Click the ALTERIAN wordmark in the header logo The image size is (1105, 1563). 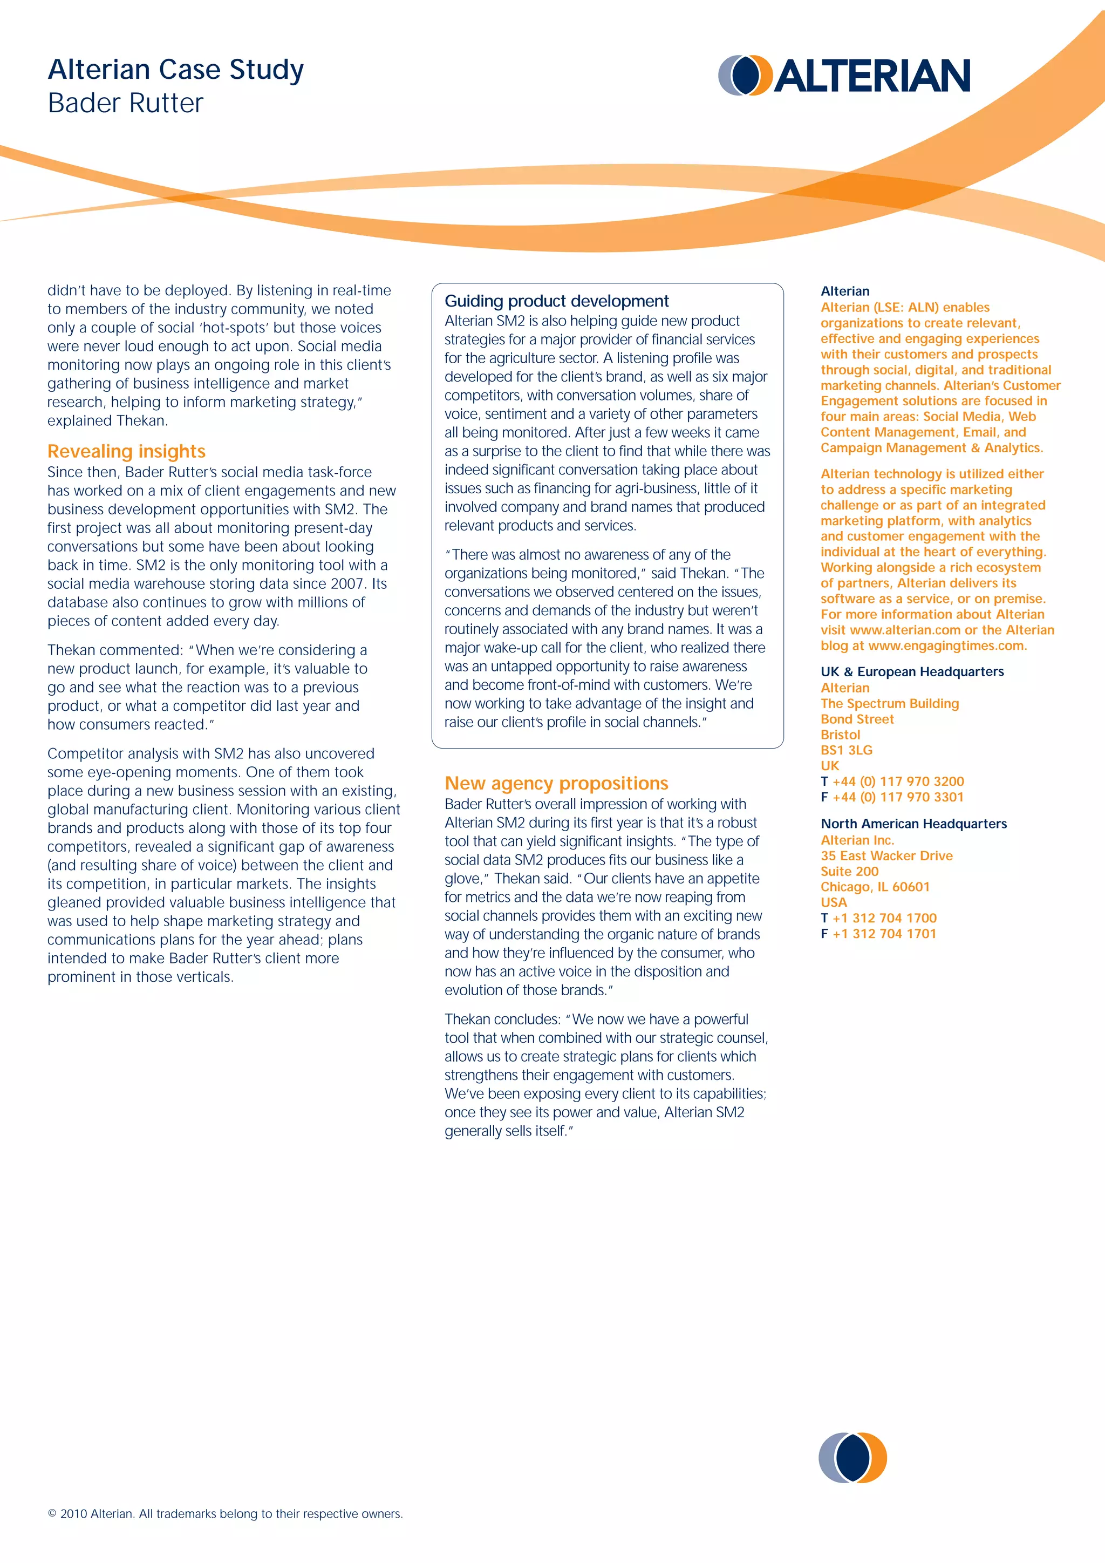872,76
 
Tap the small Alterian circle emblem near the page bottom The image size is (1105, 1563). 852,1457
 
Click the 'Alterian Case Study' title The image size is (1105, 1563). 175,70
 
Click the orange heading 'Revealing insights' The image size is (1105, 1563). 127,451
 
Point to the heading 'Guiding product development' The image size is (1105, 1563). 557,301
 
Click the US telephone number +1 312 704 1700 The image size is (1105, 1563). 884,918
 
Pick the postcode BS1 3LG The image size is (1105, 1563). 847,750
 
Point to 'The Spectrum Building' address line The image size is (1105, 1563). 889,703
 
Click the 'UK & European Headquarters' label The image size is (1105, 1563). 912,671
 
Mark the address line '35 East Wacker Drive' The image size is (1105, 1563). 886,855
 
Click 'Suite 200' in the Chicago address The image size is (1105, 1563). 850,871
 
